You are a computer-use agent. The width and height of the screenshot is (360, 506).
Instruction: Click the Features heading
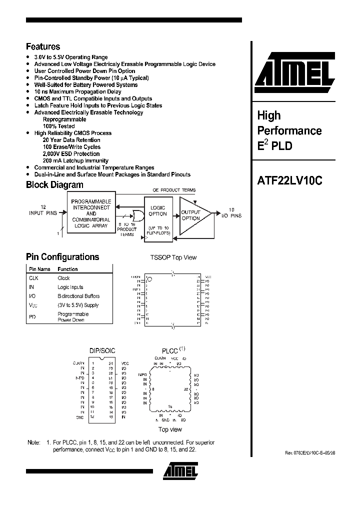point(43,46)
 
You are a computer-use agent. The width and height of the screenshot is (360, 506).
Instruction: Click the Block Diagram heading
point(54,185)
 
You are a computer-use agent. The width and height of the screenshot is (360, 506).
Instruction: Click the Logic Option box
point(157,210)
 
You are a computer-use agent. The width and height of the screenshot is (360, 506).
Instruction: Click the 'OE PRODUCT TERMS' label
point(174,190)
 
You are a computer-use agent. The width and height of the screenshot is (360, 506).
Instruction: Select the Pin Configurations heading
point(62,257)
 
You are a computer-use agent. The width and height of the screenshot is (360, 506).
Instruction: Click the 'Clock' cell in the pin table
point(63,278)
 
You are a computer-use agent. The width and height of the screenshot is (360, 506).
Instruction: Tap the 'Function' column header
point(67,269)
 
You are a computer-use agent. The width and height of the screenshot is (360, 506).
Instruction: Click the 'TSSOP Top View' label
point(173,257)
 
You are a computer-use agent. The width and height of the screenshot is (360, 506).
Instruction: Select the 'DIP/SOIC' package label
point(102,350)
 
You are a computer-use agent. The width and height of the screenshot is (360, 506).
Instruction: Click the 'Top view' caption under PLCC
point(170,429)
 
